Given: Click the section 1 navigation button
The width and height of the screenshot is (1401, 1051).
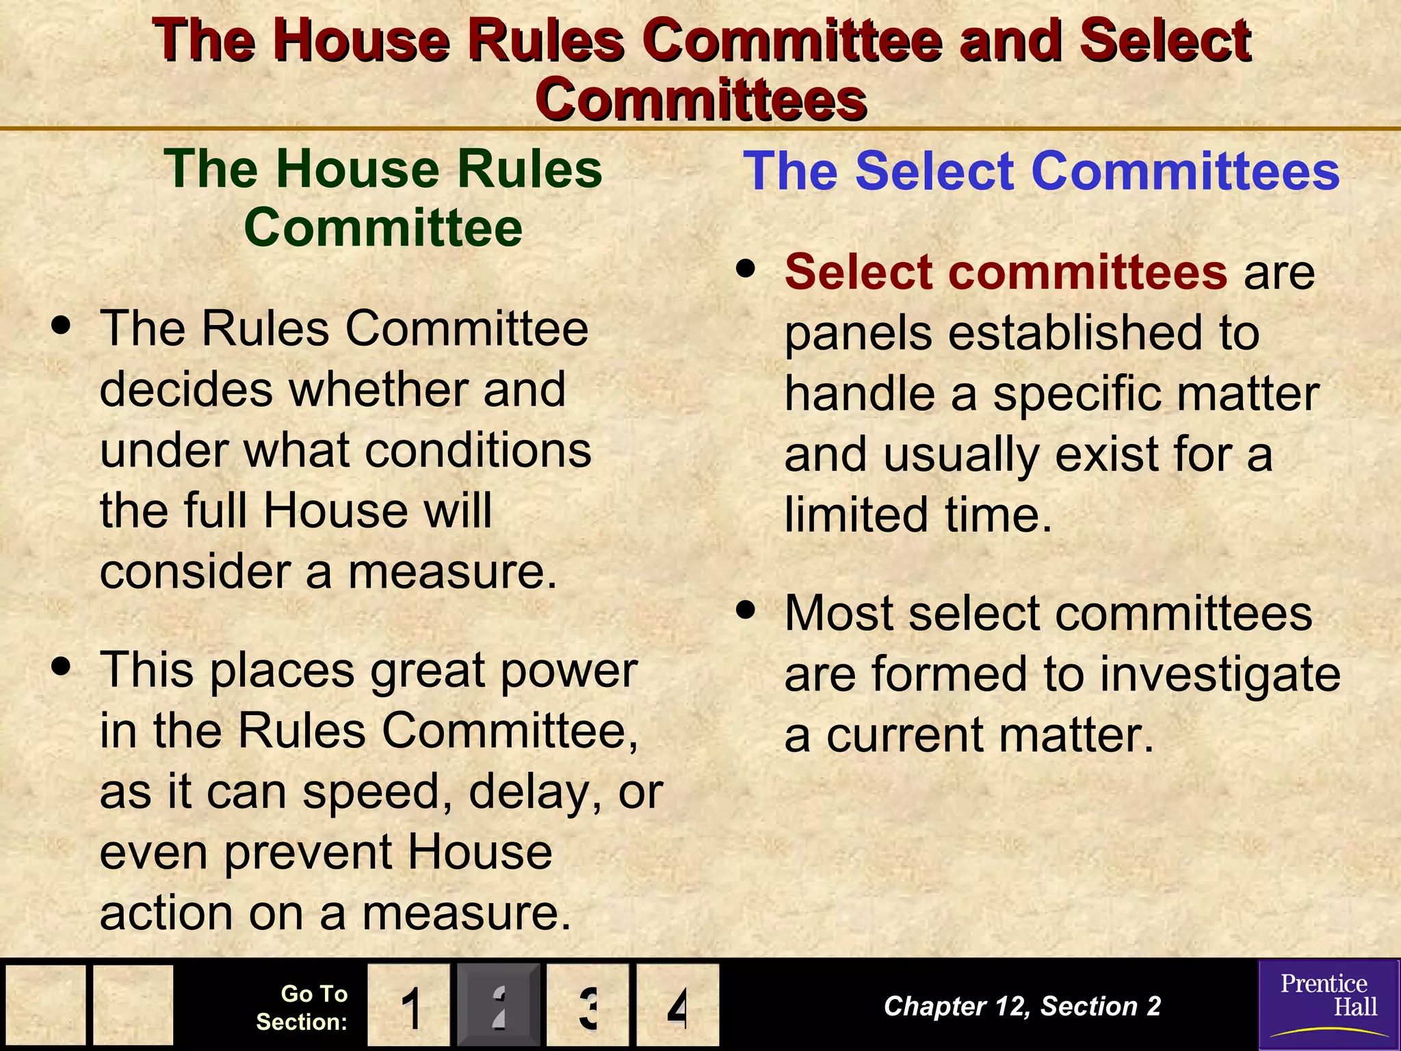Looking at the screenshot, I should (408, 1005).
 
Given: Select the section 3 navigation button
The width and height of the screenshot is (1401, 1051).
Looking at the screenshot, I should (588, 1005).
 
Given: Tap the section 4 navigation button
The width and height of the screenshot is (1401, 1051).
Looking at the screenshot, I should (677, 1005).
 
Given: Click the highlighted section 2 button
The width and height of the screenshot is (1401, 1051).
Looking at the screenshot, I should (499, 1005).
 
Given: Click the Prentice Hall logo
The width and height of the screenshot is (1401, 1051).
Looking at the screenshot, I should (1328, 1004).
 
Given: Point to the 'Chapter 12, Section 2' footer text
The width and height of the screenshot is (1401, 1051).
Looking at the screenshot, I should (1022, 1006).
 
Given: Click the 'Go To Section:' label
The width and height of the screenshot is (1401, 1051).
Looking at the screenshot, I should (302, 1007).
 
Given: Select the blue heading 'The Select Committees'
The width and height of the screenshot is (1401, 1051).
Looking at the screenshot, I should (1040, 170).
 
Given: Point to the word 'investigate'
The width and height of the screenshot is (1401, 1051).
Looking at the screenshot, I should (1219, 675).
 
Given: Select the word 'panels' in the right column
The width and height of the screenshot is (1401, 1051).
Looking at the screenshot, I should (858, 333).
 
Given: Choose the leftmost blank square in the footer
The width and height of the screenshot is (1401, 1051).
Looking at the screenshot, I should (46, 1005).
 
